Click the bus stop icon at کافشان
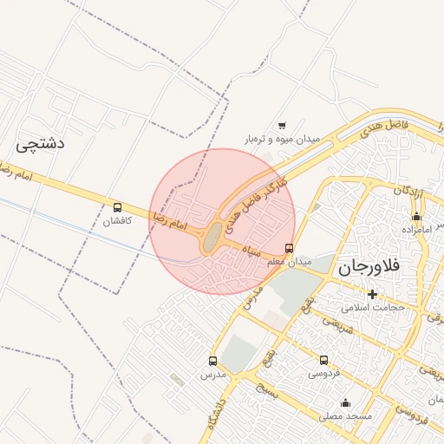[117, 207]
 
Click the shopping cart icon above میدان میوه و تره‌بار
[281, 126]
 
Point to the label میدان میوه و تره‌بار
[281, 139]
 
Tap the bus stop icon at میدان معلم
[289, 248]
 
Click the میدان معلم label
[288, 261]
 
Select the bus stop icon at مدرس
[212, 361]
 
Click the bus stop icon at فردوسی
[323, 360]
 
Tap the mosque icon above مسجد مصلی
[345, 402]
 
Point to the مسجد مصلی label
[345, 416]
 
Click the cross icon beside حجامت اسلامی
[372, 294]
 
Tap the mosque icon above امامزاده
[416, 216]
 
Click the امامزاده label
[417, 229]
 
